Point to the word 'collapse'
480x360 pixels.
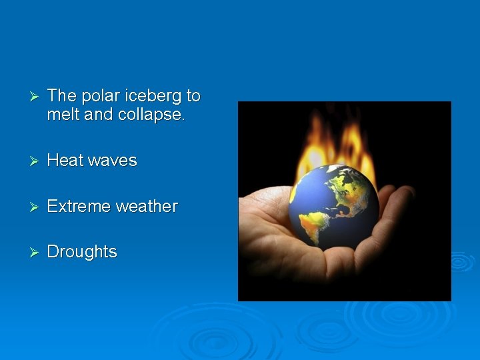click(151, 114)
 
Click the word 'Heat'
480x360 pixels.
click(65, 160)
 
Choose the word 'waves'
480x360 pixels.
click(112, 160)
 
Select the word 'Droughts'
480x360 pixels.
click(82, 252)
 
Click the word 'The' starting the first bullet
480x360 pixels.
click(62, 96)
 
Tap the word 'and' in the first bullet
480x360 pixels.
click(99, 114)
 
